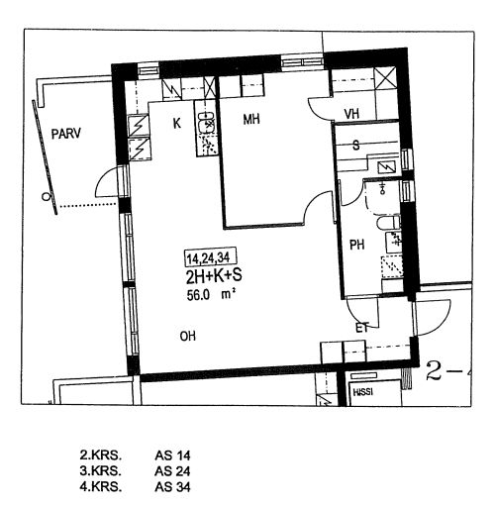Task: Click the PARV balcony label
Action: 66,134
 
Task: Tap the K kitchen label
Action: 177,124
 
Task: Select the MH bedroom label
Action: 251,119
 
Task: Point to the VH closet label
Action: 351,114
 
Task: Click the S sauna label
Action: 356,146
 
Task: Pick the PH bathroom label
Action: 357,245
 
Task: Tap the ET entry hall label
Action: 362,328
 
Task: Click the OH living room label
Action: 188,336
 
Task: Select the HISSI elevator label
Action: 363,392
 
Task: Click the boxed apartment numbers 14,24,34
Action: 208,257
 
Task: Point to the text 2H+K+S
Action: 214,276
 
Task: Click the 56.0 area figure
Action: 198,295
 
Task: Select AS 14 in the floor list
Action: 172,455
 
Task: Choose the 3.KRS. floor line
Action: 101,471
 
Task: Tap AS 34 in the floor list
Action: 172,487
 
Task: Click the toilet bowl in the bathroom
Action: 388,223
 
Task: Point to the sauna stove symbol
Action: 387,168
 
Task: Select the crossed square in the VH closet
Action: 385,78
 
